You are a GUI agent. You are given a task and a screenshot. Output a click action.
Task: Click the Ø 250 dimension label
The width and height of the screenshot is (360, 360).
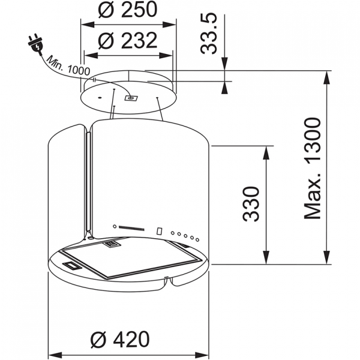(x=128, y=10)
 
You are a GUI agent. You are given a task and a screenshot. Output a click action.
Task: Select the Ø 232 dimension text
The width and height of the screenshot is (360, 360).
(x=128, y=41)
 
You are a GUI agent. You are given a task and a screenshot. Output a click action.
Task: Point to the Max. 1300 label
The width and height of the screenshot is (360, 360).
(x=312, y=169)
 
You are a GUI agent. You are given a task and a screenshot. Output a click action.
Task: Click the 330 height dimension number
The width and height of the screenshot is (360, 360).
(x=251, y=204)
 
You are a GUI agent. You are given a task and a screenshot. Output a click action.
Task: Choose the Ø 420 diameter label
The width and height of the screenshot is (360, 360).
(x=120, y=339)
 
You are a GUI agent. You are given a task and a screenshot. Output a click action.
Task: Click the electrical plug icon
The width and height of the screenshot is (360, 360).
(x=36, y=45)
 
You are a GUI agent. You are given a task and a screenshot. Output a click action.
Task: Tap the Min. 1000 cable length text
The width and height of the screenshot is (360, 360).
(x=68, y=66)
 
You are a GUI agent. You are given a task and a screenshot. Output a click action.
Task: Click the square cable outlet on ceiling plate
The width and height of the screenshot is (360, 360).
(x=131, y=98)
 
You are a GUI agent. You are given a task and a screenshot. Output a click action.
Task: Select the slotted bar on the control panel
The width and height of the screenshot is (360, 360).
(x=131, y=229)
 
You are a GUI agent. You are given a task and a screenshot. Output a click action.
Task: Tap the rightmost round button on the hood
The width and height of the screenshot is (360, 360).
(x=197, y=239)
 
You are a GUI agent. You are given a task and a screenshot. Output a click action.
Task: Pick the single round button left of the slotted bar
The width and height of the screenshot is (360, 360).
(x=115, y=227)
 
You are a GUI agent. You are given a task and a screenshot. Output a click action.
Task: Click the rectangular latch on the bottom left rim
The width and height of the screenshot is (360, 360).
(x=72, y=265)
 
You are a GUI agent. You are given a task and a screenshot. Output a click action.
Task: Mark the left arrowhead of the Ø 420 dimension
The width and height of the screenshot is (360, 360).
(x=55, y=355)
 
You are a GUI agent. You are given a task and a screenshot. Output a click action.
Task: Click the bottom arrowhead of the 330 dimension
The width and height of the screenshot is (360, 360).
(x=266, y=257)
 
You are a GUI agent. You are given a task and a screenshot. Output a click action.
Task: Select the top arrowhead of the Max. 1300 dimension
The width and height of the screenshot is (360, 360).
(x=327, y=78)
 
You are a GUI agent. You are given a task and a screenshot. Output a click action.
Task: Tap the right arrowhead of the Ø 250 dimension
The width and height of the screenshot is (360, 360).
(x=169, y=25)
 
